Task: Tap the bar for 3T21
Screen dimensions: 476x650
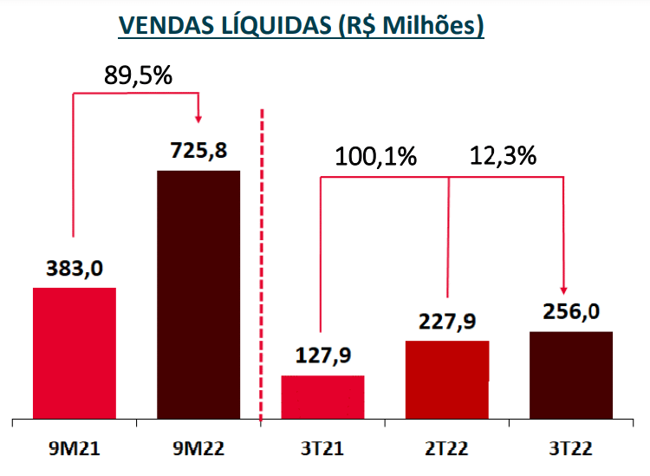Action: tap(322, 397)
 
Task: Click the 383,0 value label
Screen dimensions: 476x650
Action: tap(74, 268)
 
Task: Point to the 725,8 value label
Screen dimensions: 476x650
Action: tap(198, 151)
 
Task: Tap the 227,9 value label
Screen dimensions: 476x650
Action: tap(446, 321)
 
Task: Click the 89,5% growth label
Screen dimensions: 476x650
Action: tap(139, 75)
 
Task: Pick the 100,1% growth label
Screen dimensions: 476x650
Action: tap(377, 157)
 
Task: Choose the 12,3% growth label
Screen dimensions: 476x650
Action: tap(503, 157)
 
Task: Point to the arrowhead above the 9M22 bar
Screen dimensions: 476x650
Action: tap(199, 117)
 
